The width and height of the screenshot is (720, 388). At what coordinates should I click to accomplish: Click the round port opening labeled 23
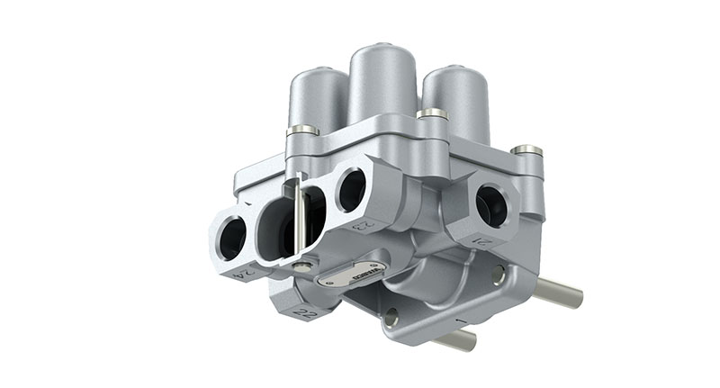(x=351, y=190)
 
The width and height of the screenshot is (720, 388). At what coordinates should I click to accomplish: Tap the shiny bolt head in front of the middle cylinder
(x=433, y=114)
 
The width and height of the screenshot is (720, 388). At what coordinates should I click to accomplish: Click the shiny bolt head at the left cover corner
(x=302, y=131)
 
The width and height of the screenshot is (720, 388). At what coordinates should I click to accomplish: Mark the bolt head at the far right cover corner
(x=526, y=149)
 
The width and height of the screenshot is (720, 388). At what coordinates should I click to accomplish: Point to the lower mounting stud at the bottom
(x=455, y=341)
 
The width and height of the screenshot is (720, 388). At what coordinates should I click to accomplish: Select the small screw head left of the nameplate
(x=310, y=266)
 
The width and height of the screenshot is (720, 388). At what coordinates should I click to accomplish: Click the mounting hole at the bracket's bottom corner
(x=391, y=317)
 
